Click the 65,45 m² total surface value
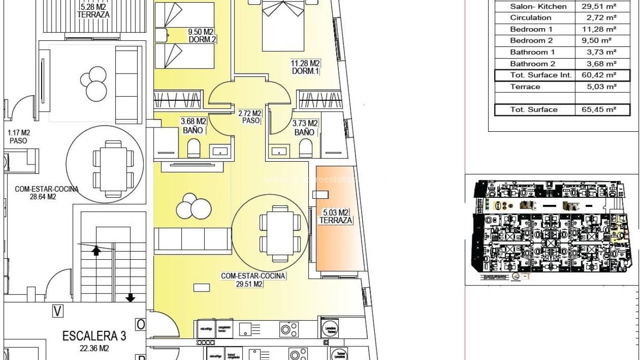602,110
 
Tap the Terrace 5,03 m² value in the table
602,87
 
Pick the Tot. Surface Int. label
534,75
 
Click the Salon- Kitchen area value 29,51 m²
602,7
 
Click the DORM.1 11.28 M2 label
305,67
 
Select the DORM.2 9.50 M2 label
201,36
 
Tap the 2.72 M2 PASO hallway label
250,117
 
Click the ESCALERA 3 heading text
94,336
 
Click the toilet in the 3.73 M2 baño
305,150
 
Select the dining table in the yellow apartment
280,233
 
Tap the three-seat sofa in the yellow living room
193,240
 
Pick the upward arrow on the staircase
96,251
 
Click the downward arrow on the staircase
130,297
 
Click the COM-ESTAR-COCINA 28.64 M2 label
46,193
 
